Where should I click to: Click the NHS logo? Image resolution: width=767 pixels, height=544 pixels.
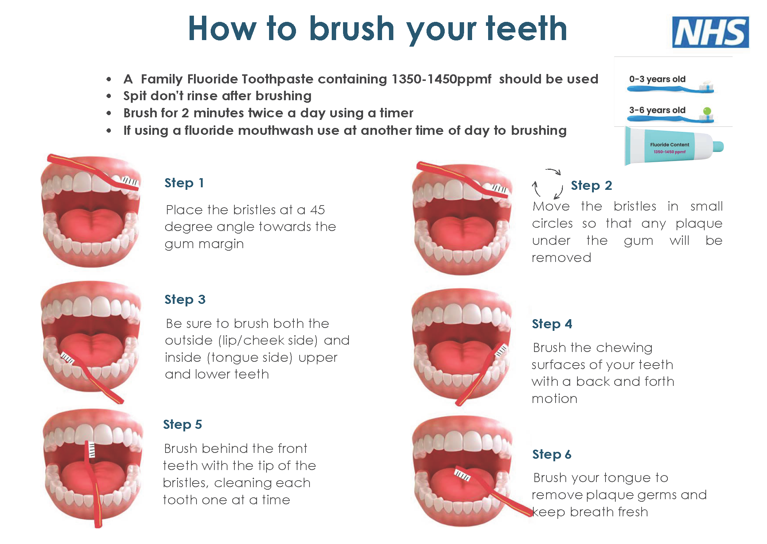710,32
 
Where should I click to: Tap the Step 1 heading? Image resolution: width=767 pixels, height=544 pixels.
184,183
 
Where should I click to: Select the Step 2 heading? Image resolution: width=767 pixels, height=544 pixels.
591,185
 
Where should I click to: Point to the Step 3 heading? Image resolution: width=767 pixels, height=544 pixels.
185,300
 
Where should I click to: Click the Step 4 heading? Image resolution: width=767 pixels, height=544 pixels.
552,324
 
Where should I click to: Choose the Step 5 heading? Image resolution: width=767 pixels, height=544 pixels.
182,424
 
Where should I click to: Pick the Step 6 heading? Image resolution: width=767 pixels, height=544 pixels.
552,454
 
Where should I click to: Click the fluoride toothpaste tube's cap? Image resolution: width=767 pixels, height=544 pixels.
718,146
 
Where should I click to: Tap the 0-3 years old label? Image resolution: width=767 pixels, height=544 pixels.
657,79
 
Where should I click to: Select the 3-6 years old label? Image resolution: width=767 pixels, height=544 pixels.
657,110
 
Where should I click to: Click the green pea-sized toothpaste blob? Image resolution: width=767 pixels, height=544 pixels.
707,111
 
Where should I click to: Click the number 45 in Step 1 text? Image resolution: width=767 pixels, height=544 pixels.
318,210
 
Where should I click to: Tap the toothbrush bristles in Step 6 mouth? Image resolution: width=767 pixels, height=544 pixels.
462,475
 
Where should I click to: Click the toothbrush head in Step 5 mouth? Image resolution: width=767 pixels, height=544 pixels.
92,450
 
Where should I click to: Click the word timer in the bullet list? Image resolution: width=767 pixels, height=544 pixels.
396,113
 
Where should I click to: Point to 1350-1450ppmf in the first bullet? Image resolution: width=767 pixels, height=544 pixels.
441,79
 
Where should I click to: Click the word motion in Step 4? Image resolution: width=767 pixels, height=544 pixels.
554,399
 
